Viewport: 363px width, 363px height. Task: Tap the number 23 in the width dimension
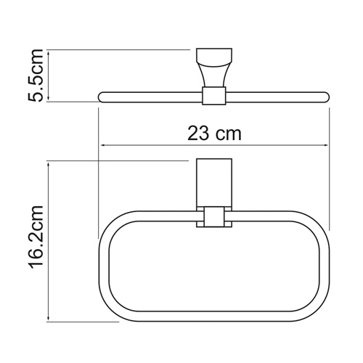[x=197, y=134]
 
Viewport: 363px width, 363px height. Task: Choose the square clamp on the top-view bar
[x=213, y=97]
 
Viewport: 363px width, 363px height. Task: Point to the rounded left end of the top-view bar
[x=101, y=96]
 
